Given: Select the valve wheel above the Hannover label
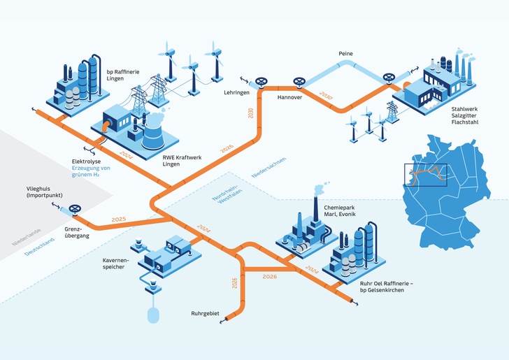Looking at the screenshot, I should pyautogui.click(x=301, y=85).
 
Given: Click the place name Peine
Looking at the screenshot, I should pyautogui.click(x=345, y=53).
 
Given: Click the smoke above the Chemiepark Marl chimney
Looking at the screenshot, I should pyautogui.click(x=320, y=189).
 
